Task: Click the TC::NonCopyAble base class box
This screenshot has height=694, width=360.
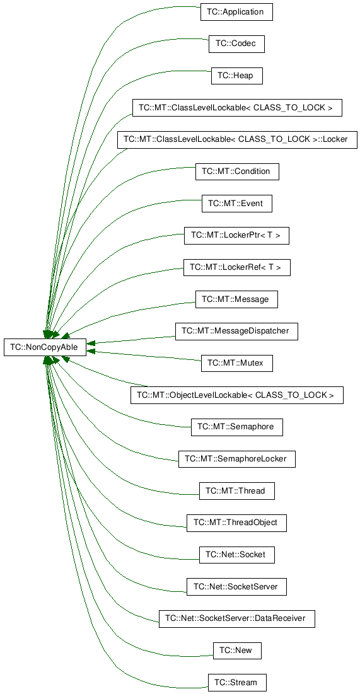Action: click(x=45, y=347)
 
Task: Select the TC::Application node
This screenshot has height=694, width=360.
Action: click(x=236, y=12)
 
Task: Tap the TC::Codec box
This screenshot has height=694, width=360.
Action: click(x=236, y=44)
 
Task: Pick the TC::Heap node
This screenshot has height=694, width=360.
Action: click(x=237, y=76)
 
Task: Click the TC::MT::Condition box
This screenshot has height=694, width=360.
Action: click(x=237, y=171)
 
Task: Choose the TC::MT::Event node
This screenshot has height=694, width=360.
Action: click(x=237, y=204)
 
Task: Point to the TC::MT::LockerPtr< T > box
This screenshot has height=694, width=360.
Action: click(x=236, y=236)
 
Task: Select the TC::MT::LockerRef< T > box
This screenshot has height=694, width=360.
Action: click(x=237, y=267)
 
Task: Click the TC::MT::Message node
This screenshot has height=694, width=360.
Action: click(x=236, y=299)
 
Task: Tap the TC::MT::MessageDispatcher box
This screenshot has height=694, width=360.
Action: click(x=236, y=331)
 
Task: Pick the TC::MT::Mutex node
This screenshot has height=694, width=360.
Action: click(x=236, y=363)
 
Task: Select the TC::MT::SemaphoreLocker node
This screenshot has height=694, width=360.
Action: click(x=237, y=459)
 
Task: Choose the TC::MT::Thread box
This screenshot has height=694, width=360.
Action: click(x=237, y=491)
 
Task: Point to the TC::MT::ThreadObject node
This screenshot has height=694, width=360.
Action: click(x=236, y=523)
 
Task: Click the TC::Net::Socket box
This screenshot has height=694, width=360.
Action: click(x=237, y=555)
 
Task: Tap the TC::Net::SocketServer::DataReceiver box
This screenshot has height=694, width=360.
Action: click(x=237, y=618)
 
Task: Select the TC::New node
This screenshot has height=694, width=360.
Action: click(x=237, y=651)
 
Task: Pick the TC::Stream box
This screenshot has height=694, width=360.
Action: click(x=237, y=682)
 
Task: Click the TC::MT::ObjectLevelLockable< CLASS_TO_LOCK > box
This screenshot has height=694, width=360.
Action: click(x=237, y=395)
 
